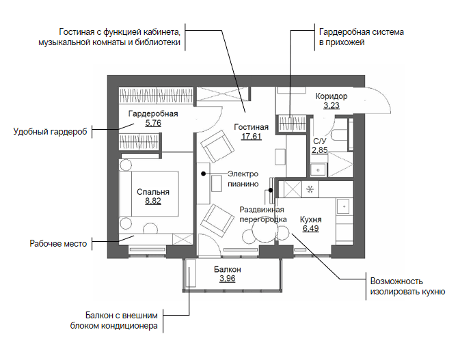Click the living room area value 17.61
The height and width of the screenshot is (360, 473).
pos(252,137)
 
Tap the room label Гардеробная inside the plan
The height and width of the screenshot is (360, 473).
pos(153,113)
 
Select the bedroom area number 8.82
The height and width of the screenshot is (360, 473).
pos(153,201)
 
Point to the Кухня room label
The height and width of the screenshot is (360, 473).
pos(311,219)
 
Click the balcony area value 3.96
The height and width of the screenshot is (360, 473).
pos(228,278)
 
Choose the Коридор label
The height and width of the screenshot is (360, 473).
pos(332,96)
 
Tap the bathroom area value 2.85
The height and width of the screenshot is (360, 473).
pos(320,150)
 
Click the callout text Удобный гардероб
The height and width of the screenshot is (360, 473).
pos(50,132)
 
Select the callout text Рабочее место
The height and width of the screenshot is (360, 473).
pos(58,244)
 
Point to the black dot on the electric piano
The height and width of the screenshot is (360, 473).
pos(204,174)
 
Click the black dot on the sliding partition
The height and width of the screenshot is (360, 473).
pos(271,191)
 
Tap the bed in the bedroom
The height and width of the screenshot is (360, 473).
pos(149,194)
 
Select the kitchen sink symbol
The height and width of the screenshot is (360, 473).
pos(344,206)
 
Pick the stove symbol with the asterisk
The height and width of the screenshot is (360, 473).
pos(310,189)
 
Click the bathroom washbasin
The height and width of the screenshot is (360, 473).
pos(319,169)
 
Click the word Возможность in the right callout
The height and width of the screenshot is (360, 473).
pos(396,281)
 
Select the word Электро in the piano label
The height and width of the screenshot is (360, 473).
pos(243,174)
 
